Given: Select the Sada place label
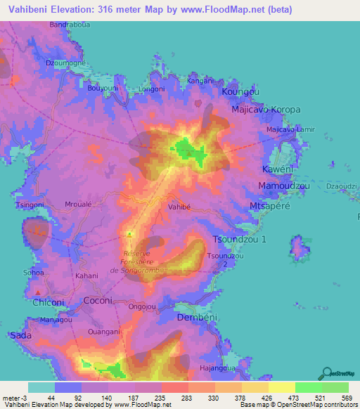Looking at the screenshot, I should point(20,336).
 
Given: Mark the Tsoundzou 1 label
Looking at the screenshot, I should point(239,240).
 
